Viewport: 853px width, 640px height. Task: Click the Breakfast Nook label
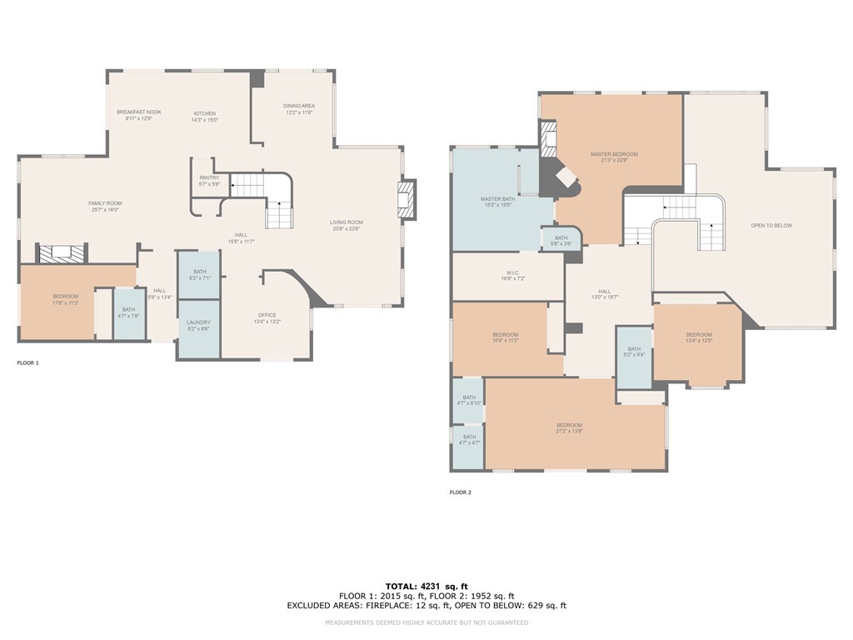pos(139,112)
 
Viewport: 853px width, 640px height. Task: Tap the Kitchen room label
pos(205,113)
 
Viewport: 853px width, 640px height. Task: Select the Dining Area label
pos(298,106)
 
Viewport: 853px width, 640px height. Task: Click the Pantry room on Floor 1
pos(209,178)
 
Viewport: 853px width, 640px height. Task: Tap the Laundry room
pos(198,322)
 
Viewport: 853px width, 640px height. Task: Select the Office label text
pos(267,315)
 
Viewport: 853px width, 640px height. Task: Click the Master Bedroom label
pos(614,154)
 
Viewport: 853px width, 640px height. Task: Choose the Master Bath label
pos(497,199)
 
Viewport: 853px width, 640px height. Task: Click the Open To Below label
pos(771,226)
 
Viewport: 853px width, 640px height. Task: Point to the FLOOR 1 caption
pos(27,363)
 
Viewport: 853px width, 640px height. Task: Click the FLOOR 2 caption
pos(460,492)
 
